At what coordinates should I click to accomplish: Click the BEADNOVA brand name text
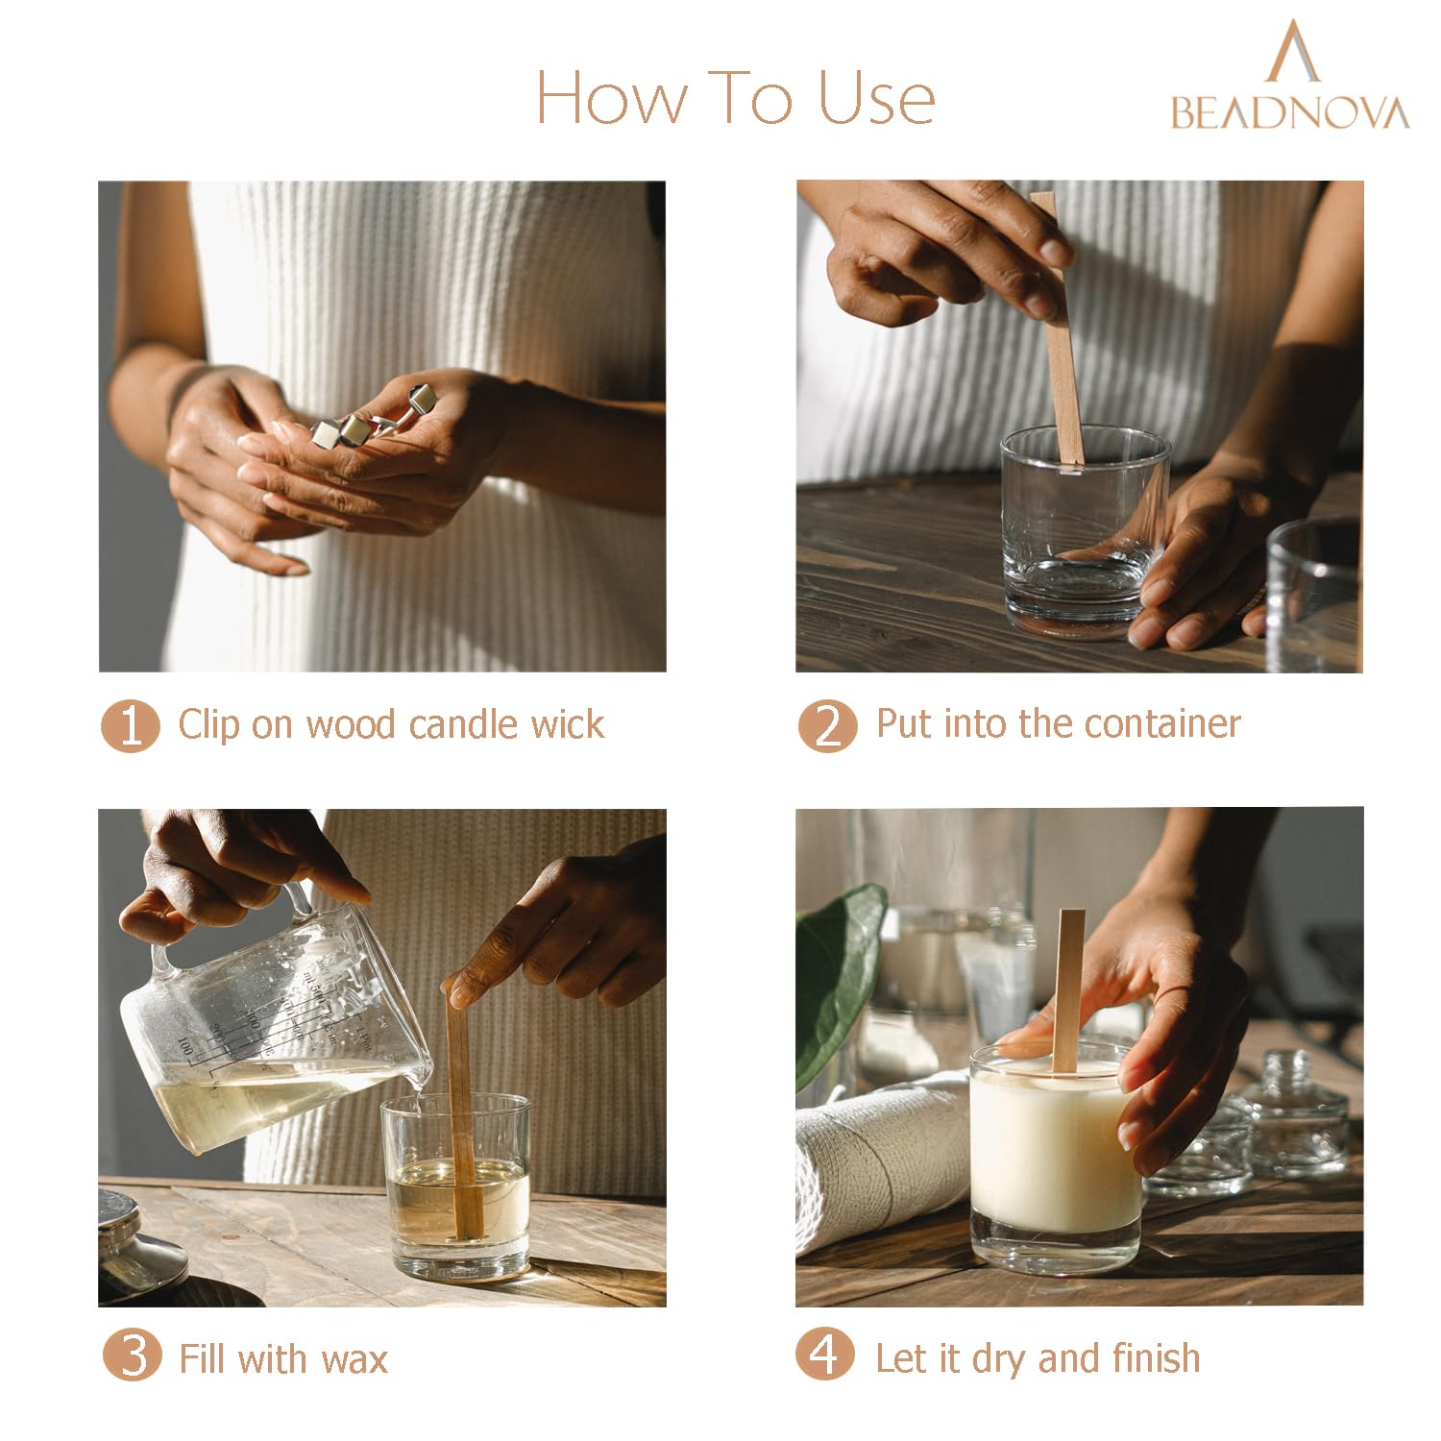pyautogui.click(x=1290, y=112)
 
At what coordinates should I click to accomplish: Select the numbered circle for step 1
pyautogui.click(x=130, y=725)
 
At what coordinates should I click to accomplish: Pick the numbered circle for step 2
pyautogui.click(x=827, y=725)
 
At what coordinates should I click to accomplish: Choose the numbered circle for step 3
pyautogui.click(x=132, y=1356)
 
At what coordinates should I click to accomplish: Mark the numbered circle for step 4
pyautogui.click(x=825, y=1355)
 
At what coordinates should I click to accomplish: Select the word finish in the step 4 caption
pyautogui.click(x=1156, y=1357)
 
